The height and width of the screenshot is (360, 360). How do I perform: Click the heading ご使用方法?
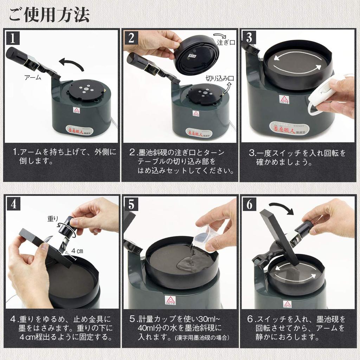(x=49, y=14)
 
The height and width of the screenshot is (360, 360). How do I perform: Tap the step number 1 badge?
(x=13, y=37)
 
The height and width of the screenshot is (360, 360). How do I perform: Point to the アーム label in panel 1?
(x=32, y=78)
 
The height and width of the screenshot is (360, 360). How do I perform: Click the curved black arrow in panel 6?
(x=281, y=208)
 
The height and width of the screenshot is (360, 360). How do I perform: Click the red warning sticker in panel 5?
(x=170, y=300)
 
